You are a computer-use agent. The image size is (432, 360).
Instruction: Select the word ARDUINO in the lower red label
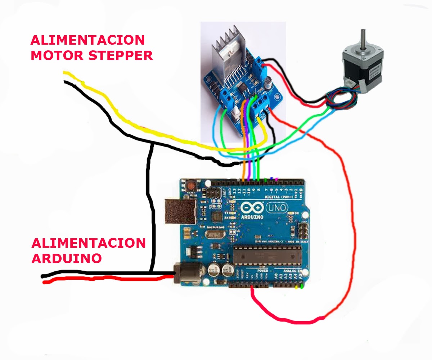(67, 258)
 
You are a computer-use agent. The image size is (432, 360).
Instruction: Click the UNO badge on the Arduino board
(276, 208)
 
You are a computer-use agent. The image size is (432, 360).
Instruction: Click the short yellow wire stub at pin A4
(296, 287)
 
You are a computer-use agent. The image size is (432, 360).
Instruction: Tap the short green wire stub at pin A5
(302, 287)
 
